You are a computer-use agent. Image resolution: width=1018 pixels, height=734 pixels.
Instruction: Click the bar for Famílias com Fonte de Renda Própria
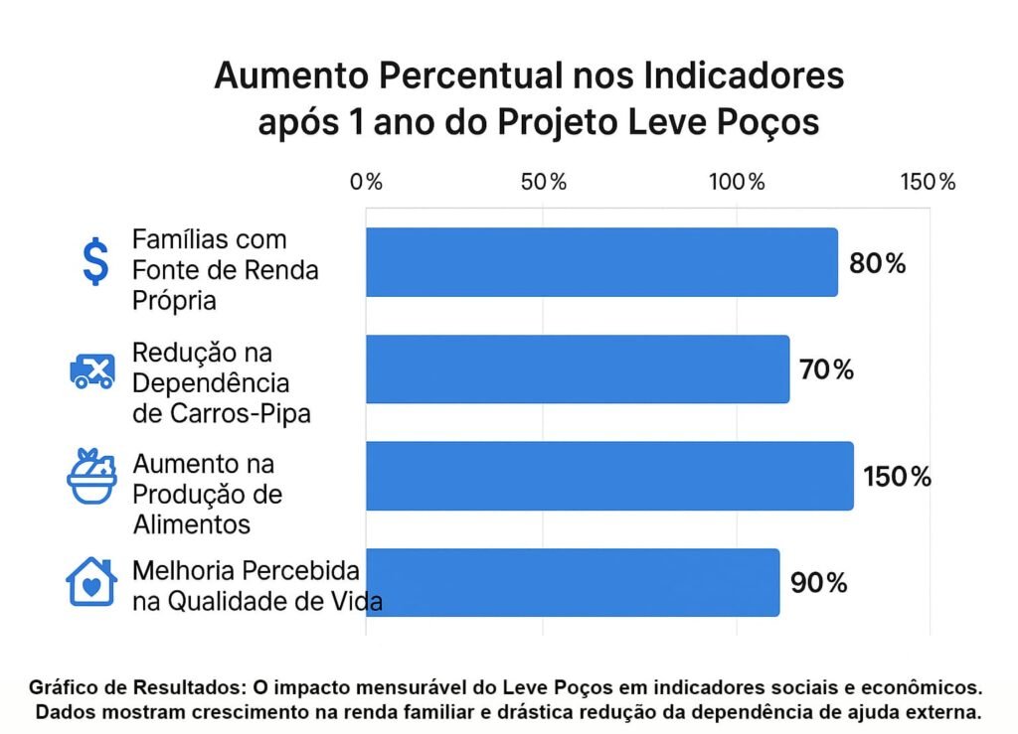pos(601,262)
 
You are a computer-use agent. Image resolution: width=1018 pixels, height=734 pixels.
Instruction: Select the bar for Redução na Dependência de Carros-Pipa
pos(578,369)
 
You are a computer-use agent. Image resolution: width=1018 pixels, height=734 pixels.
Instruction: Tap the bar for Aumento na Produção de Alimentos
pos(609,476)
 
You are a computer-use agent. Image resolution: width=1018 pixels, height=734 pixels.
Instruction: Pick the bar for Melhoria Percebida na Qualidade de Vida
pos(573,582)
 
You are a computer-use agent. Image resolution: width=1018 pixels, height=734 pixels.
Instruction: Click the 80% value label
pos(877,263)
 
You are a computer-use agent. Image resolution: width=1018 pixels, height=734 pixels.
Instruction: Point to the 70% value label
pos(826,370)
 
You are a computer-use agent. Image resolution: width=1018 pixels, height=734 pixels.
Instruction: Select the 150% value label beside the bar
pos(897,477)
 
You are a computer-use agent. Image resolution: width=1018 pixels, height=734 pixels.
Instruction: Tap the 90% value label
pos(819,583)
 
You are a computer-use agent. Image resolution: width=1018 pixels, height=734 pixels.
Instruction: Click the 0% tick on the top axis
pos(367,182)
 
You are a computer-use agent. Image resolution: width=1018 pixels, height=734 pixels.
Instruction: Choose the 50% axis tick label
pos(544,182)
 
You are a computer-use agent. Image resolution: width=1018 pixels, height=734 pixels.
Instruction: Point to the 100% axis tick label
pos(736,182)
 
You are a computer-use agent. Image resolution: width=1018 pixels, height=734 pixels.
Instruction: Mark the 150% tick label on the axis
pos(928,182)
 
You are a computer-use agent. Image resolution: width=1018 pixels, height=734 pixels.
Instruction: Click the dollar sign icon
pos(95,262)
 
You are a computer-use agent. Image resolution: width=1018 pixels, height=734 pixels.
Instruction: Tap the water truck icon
pos(91,370)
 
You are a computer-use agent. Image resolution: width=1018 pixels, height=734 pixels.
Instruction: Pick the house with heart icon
pos(90,582)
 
